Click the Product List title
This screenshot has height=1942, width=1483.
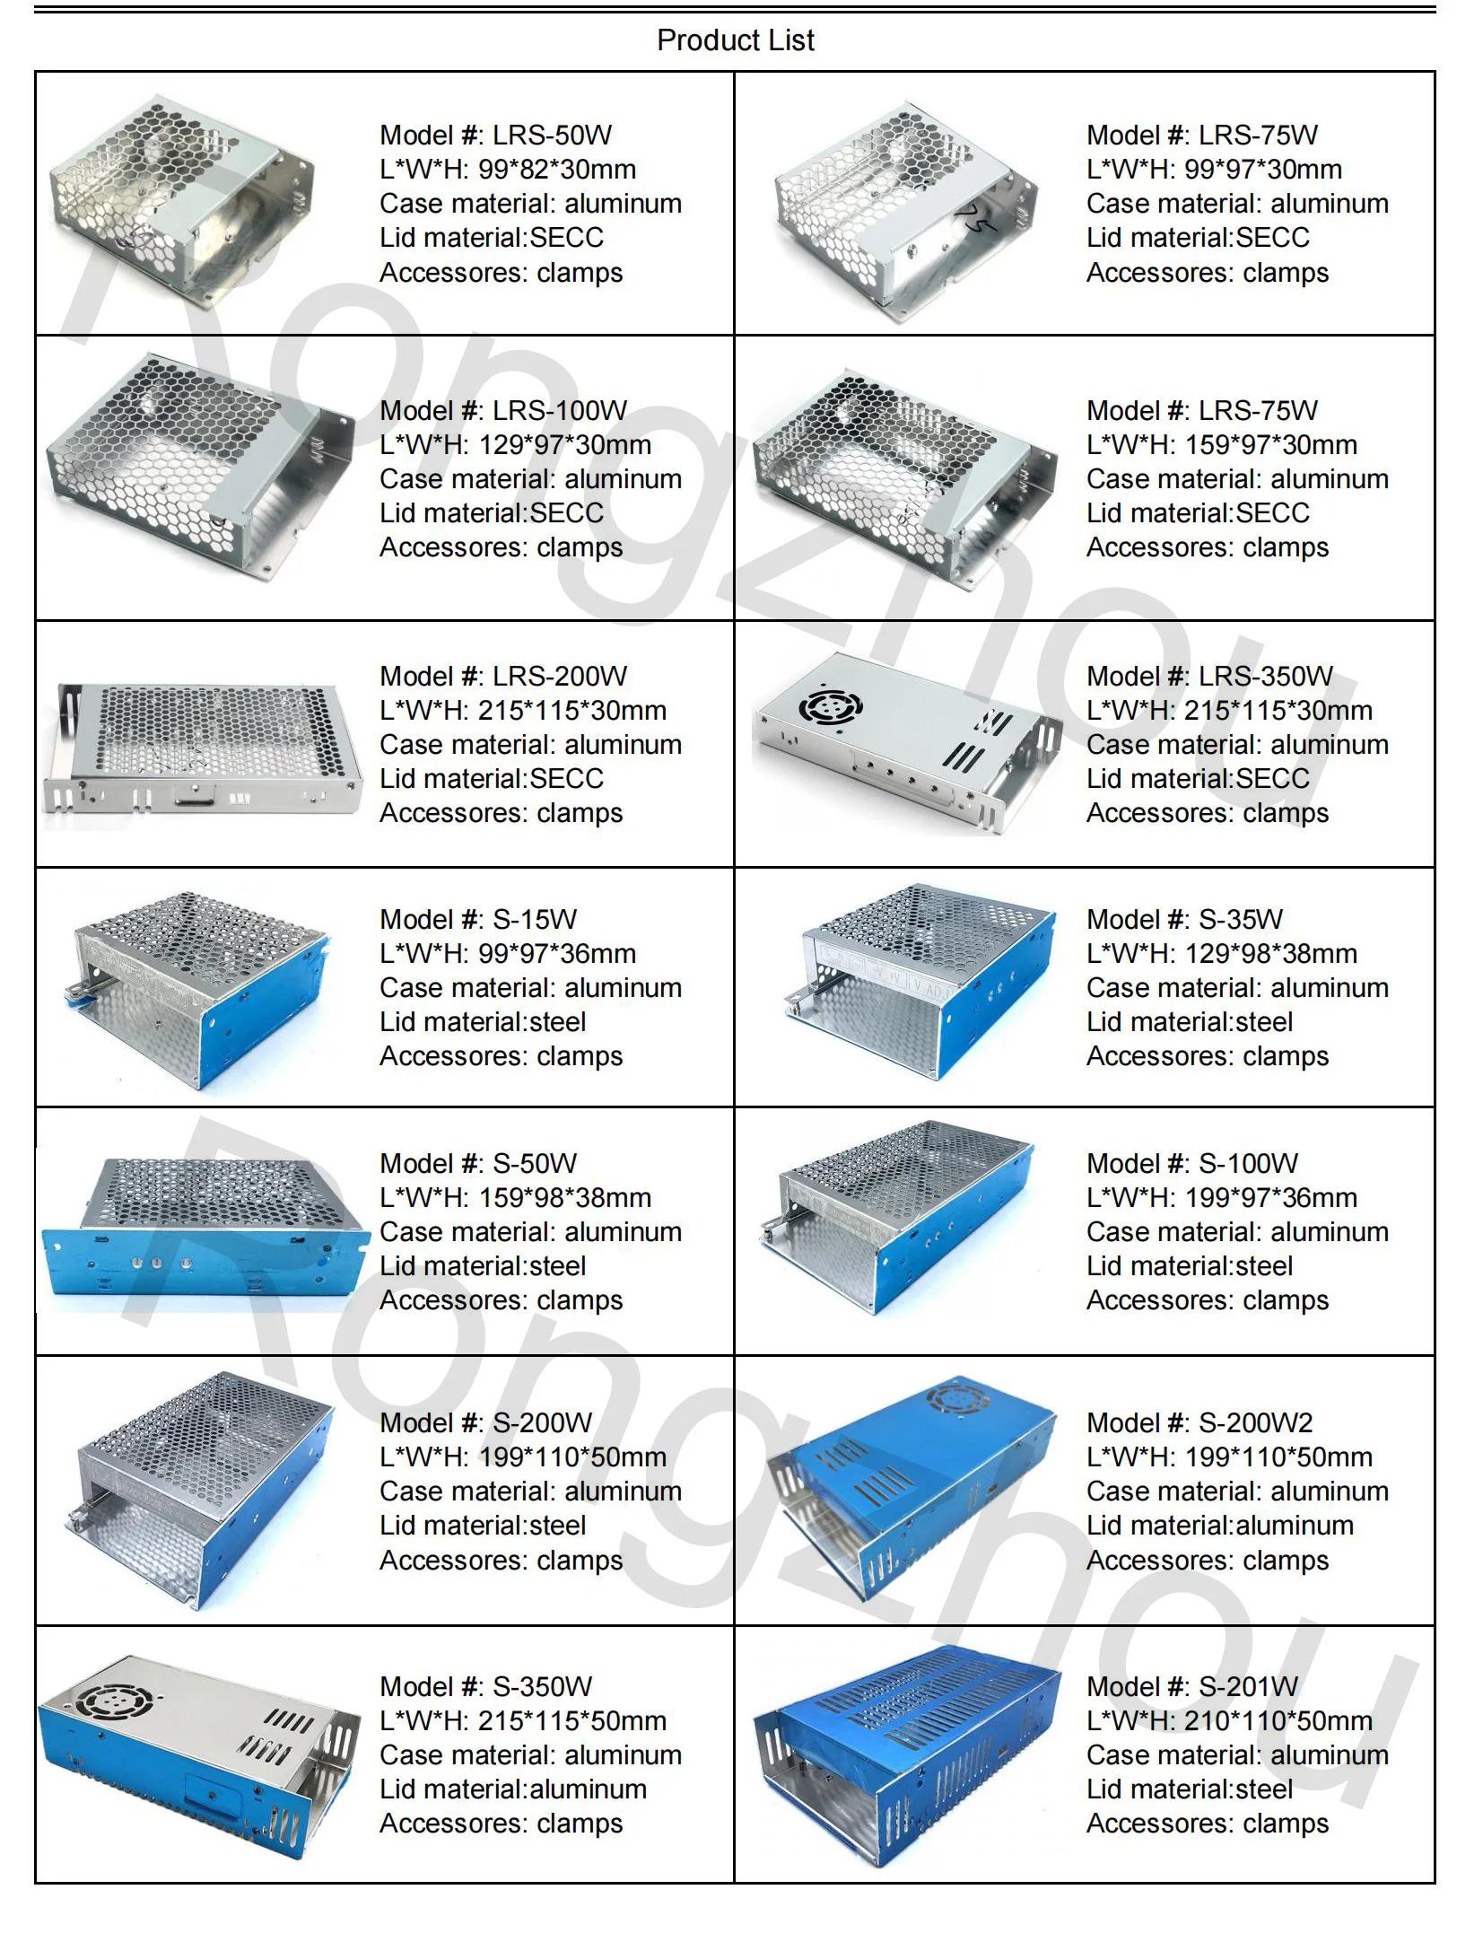(x=735, y=40)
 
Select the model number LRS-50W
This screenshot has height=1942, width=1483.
(x=552, y=136)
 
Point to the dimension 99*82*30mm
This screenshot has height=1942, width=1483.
(x=556, y=170)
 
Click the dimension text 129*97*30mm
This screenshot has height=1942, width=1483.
(x=564, y=445)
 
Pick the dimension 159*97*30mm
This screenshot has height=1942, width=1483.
(x=1270, y=445)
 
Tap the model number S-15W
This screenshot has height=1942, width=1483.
(x=535, y=920)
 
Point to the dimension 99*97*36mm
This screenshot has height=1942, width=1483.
(x=556, y=954)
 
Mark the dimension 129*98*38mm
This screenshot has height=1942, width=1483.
(x=1270, y=954)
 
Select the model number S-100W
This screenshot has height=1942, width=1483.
(x=1248, y=1164)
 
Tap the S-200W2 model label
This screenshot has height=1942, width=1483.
(x=1255, y=1423)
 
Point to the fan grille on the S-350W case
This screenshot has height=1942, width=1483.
(x=115, y=1701)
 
